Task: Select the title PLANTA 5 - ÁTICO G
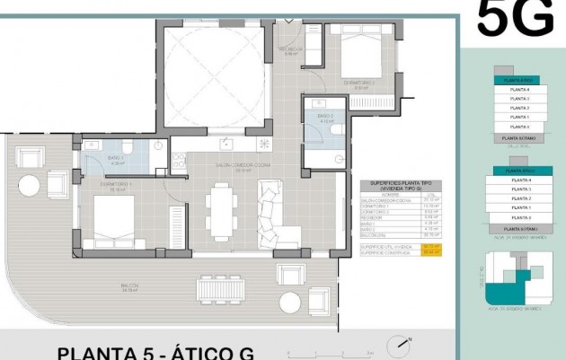tap(156, 352)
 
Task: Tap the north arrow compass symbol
tap(398, 345)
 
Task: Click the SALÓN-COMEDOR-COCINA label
tap(217, 165)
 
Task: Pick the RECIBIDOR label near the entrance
tap(289, 50)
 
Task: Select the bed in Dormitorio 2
tap(363, 58)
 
